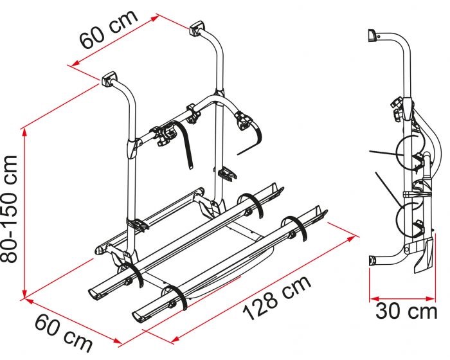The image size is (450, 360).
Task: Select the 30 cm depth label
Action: (406, 311)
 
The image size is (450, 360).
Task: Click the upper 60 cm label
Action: (109, 29)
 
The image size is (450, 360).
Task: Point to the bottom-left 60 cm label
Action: (64, 333)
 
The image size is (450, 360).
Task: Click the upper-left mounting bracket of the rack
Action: (109, 80)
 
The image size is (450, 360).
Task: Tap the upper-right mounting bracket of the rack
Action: (197, 29)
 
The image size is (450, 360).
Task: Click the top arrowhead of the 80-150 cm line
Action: (24, 132)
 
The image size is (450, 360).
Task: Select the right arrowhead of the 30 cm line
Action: (431, 299)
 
